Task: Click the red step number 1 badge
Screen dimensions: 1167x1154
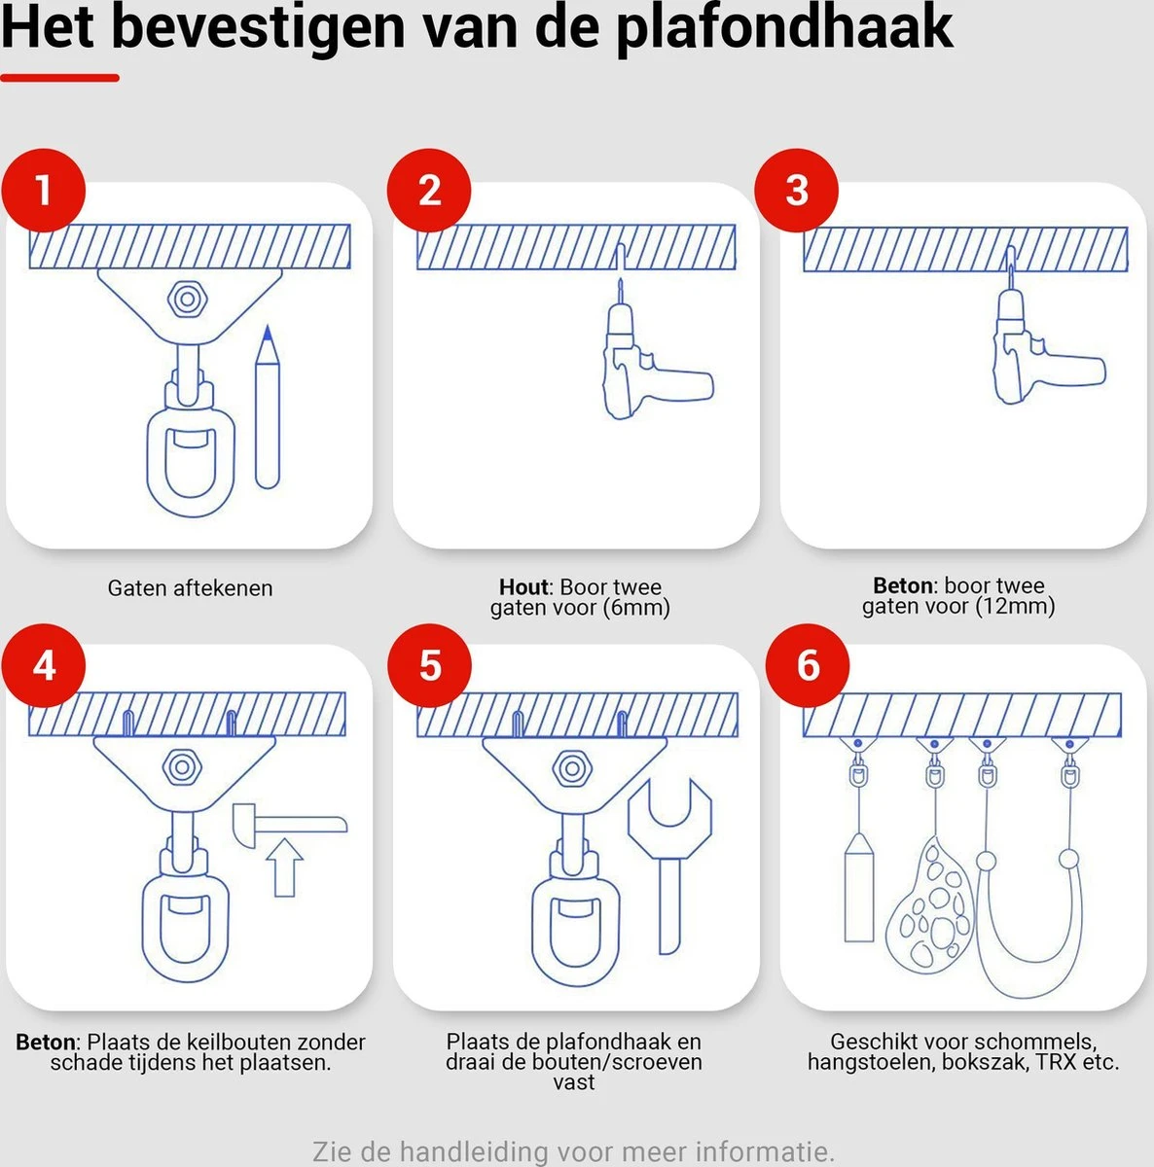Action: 43,191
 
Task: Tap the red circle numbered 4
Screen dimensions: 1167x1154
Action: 43,667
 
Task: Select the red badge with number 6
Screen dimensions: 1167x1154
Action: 808,667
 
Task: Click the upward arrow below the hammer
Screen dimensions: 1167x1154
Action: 284,868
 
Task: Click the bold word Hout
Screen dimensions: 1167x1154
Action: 523,587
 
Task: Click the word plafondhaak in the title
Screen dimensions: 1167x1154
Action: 784,27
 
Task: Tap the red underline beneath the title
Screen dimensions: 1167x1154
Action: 59,78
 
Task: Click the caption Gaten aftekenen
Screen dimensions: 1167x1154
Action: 190,588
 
